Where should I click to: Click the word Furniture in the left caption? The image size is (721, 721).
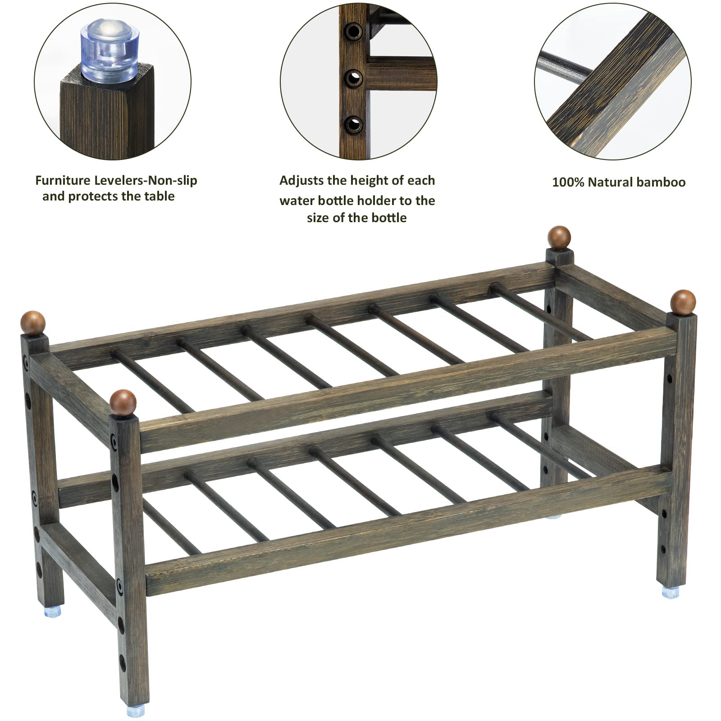click(x=63, y=181)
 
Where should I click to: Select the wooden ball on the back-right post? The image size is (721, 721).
click(x=559, y=237)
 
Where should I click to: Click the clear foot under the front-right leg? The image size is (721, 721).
click(x=671, y=593)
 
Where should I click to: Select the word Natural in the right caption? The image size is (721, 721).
click(x=610, y=183)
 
